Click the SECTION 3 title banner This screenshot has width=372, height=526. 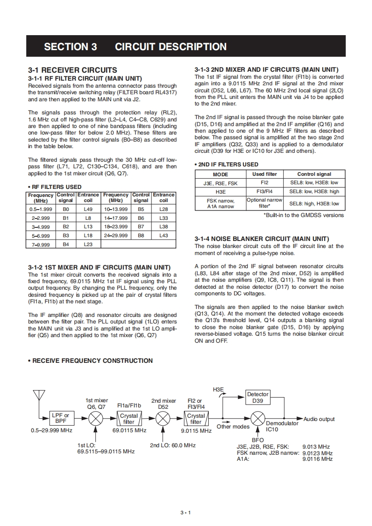tap(186, 46)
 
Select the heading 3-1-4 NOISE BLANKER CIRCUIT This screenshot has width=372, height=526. tap(262, 239)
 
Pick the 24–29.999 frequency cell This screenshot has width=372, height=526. tap(116, 235)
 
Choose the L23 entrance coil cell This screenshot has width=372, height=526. tap(88, 244)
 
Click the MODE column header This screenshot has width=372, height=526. tap(220, 174)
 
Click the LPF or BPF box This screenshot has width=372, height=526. tap(61, 418)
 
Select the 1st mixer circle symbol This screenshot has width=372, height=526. tap(96, 418)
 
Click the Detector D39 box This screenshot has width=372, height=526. tap(258, 398)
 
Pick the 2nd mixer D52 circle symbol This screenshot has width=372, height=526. tap(163, 418)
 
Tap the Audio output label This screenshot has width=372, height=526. tap(319, 419)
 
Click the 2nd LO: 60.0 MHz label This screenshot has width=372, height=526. tap(173, 445)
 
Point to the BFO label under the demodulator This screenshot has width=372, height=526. tap(258, 440)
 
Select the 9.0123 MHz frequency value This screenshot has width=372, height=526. tap(318, 453)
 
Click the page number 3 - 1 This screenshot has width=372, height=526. tap(186, 512)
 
